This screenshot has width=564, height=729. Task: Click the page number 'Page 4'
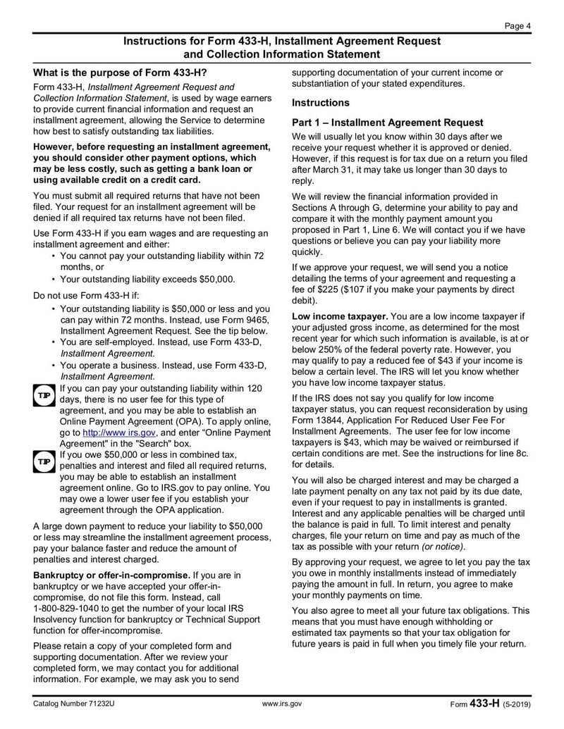tap(517, 26)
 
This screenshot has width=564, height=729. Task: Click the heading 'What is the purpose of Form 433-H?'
tap(121, 73)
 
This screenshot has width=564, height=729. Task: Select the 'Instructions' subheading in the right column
tap(321, 102)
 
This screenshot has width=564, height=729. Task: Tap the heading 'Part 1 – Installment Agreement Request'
tap(388, 123)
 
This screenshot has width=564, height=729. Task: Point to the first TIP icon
tap(42, 396)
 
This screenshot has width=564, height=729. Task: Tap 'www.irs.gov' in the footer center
tap(281, 704)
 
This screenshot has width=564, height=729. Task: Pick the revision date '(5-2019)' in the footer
tap(517, 704)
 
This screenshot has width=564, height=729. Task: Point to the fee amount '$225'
tap(324, 289)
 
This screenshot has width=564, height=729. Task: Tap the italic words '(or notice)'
tap(443, 547)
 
